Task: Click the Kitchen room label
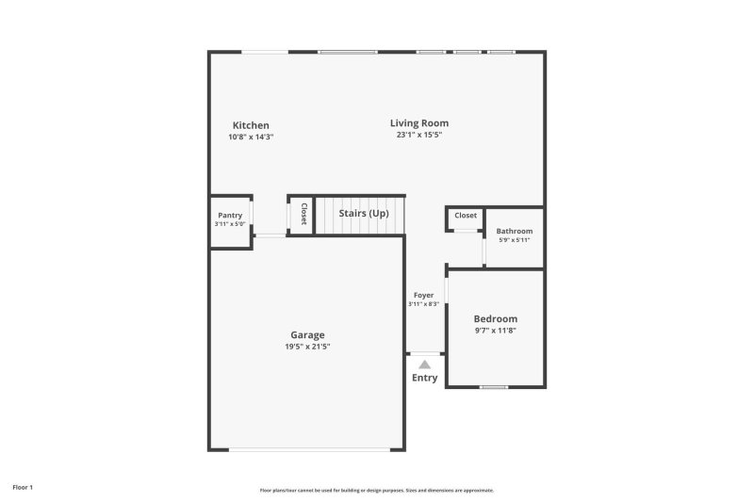[251, 125]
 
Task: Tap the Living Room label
[419, 122]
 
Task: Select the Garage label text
[307, 334]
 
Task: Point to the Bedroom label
[495, 318]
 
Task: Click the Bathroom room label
[515, 231]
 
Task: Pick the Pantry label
[230, 215]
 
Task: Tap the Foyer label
[424, 295]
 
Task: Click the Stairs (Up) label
[364, 214]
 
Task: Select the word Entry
[425, 378]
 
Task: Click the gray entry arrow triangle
[425, 364]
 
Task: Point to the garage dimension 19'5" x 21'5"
[307, 347]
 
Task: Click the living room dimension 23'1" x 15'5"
[419, 135]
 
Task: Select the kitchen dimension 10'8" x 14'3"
[251, 138]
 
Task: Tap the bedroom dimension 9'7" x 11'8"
[495, 331]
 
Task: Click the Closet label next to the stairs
[303, 214]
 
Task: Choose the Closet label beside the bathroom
[466, 216]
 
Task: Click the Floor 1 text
[23, 487]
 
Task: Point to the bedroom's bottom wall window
[494, 387]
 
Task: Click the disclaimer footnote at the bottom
[376, 490]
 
